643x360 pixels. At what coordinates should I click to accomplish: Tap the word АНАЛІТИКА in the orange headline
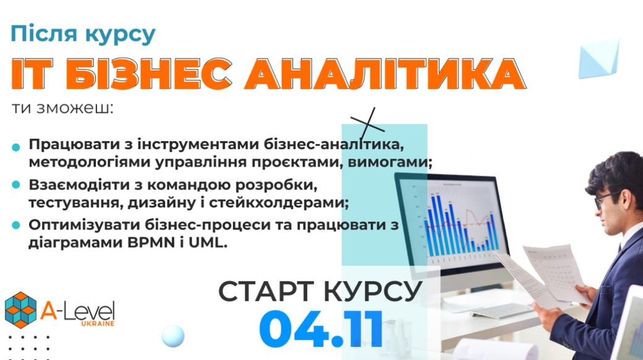385,74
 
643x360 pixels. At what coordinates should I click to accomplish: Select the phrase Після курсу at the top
83,33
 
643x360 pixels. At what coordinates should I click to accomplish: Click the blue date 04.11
321,328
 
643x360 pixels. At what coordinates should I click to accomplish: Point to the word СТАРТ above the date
266,291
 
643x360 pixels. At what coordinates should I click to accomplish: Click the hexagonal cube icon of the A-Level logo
20,310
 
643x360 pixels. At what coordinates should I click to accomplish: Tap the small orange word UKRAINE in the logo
98,324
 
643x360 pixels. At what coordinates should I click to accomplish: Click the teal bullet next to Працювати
16,147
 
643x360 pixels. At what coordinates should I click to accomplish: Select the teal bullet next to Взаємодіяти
16,185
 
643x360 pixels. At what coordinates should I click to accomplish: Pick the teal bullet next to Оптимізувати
16,225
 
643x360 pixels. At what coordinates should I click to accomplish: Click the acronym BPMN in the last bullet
151,242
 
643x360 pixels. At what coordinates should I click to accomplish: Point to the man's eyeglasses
607,199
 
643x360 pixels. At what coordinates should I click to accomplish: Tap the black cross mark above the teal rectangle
367,124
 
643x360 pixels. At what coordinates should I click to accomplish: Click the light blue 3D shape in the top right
598,59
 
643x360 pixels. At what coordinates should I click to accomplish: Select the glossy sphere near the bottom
173,336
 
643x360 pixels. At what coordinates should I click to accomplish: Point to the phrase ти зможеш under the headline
62,108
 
